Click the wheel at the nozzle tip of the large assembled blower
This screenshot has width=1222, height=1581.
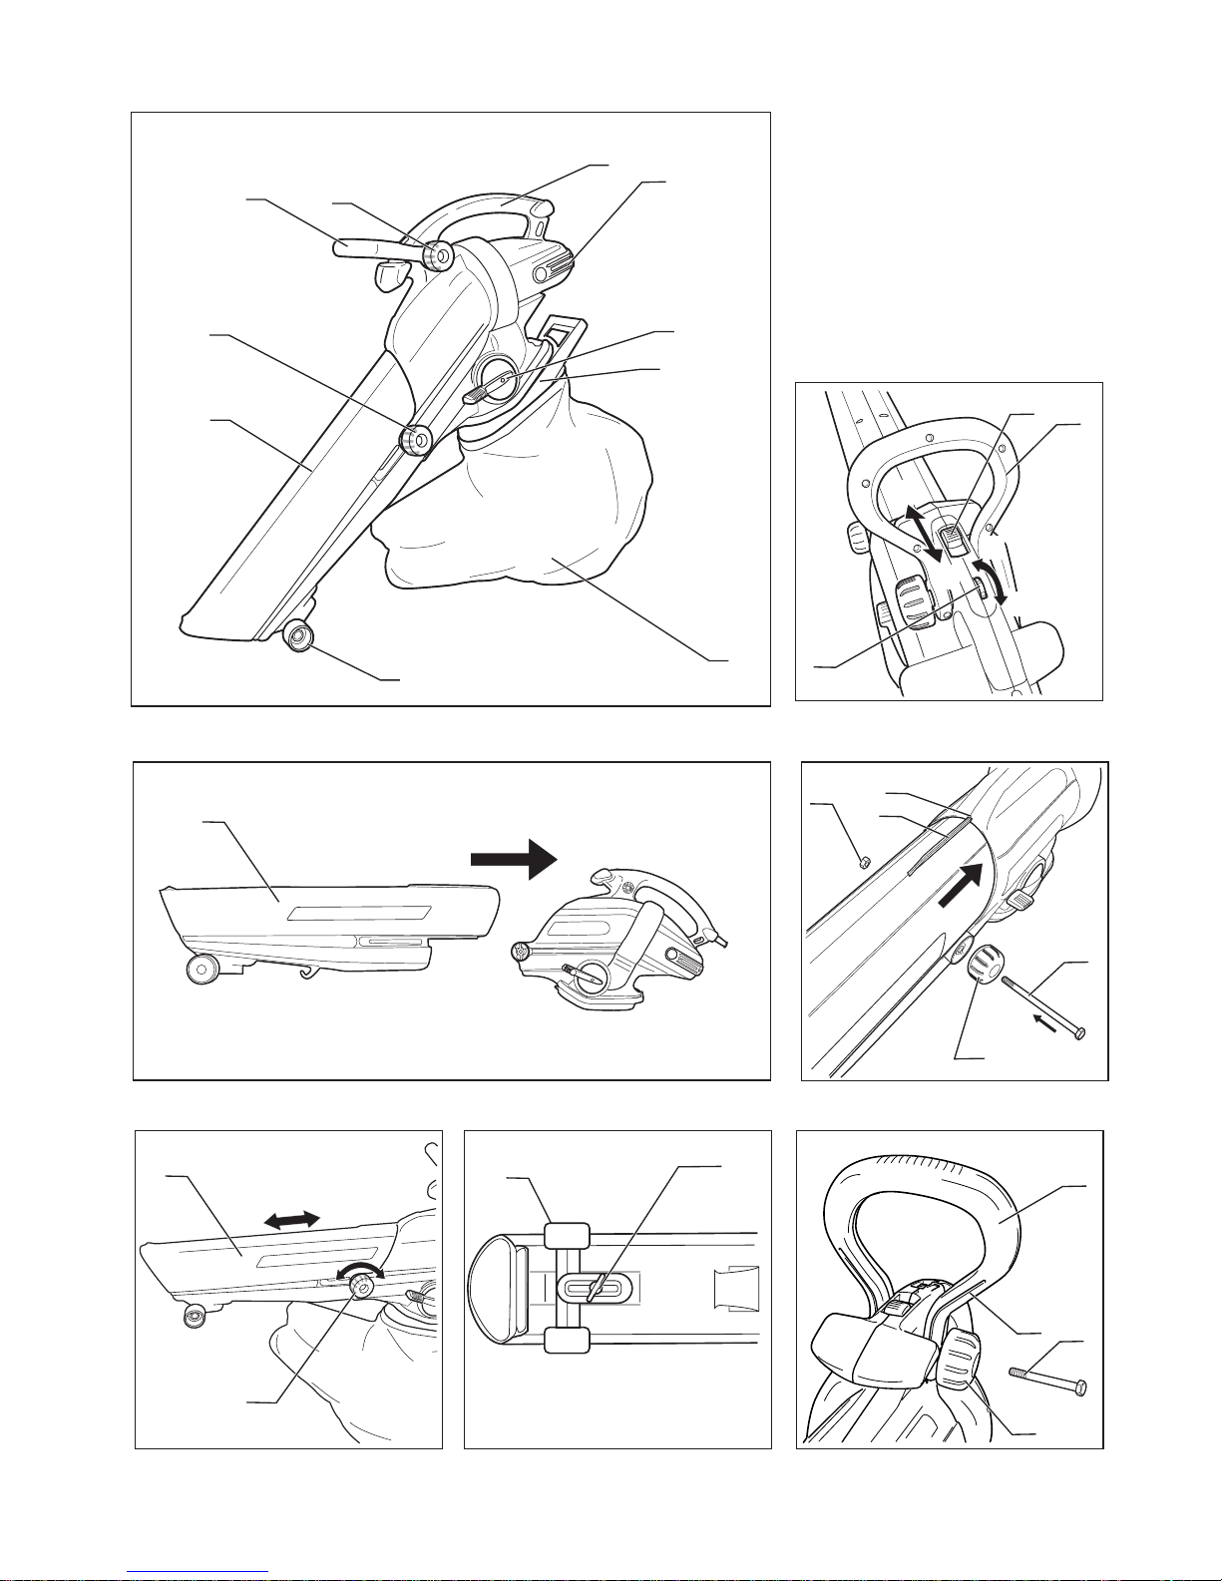(x=297, y=634)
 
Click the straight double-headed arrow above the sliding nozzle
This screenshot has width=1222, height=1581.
(x=292, y=1219)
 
